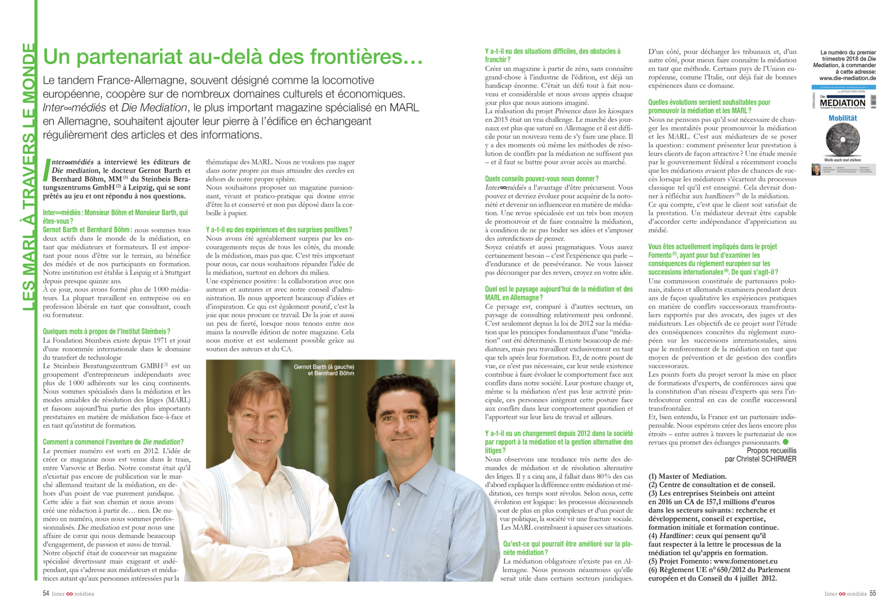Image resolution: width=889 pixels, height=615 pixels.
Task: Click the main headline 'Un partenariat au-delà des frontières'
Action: pos(232,57)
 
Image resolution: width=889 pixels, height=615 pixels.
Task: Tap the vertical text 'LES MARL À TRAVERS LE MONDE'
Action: pos(29,176)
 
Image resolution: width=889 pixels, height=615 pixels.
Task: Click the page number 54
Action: pos(46,593)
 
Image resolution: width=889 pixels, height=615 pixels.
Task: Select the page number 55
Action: pos(872,593)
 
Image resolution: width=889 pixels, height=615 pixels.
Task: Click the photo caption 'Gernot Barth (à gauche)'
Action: pos(324,367)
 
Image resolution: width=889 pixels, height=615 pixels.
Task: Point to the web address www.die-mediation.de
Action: pos(847,78)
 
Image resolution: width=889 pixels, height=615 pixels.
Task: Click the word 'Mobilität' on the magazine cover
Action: pos(842,118)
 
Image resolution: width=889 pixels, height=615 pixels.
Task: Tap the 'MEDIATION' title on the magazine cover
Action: pos(842,103)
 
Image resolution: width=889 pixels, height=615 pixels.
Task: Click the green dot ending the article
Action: pos(785,442)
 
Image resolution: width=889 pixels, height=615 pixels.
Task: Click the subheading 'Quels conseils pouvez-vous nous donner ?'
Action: pos(541,179)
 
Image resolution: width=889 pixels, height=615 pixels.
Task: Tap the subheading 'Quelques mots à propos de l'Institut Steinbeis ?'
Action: pos(106,331)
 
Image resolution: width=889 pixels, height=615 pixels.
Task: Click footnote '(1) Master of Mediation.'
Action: pos(688,476)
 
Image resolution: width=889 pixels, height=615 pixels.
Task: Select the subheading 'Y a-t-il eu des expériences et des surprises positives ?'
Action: pos(279,230)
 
